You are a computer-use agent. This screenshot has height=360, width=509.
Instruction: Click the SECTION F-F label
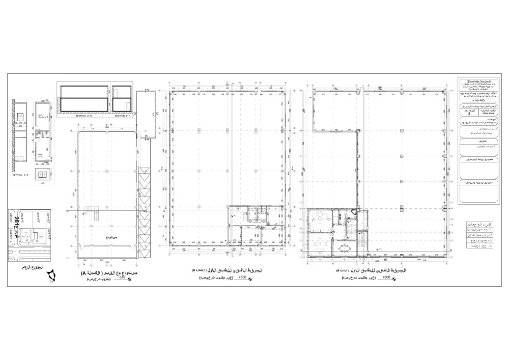pyautogui.click(x=121, y=116)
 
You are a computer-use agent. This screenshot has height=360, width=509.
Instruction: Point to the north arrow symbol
pyautogui.click(x=51, y=278)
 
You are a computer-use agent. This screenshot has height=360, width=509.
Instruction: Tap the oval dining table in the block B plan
pyautogui.click(x=346, y=248)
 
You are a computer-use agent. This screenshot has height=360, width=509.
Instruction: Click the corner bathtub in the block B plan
pyautogui.click(x=355, y=212)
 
